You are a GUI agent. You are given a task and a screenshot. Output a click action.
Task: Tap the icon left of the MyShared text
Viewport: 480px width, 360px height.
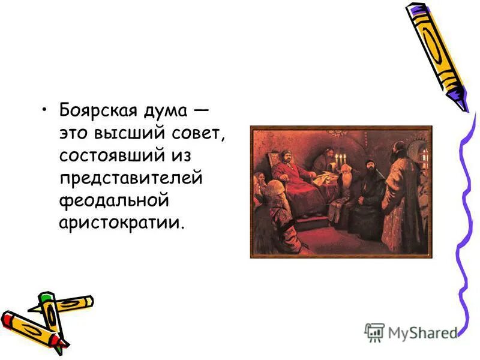pos(374,331)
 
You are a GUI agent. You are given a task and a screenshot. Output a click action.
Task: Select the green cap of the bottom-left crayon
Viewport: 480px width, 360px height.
pos(46,298)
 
